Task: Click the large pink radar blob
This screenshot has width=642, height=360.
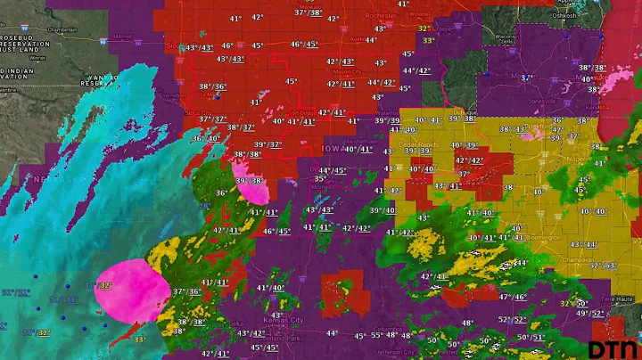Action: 131,289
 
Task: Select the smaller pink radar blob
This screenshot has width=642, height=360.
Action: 252,185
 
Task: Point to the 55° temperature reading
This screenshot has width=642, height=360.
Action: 377,335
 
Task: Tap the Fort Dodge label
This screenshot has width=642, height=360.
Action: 301,112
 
